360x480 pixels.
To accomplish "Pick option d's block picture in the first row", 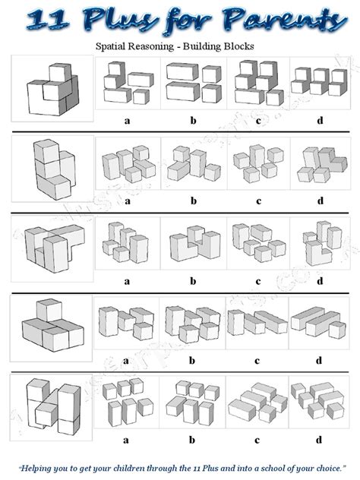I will [x=320, y=84].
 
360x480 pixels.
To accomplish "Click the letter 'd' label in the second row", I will [x=320, y=201].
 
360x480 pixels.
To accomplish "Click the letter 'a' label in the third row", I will [x=126, y=280].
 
